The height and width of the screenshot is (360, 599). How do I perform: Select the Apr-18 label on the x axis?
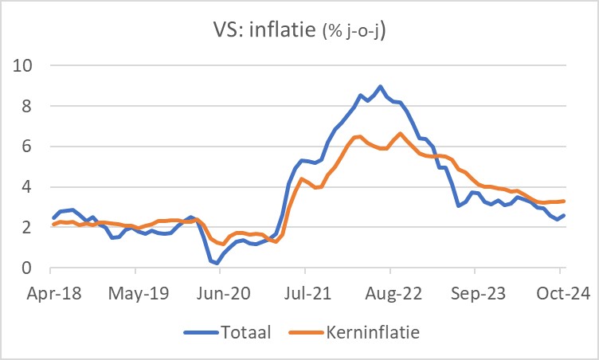[x=53, y=293]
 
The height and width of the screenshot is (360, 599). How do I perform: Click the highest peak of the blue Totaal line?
[x=380, y=86]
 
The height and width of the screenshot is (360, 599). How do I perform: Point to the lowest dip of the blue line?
[x=217, y=263]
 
